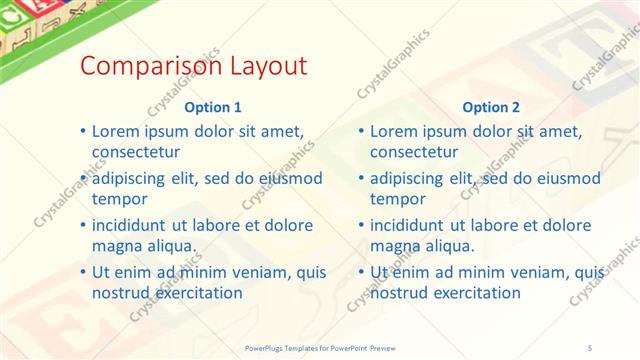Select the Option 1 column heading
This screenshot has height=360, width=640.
click(213, 107)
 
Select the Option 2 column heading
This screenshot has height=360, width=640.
click(491, 107)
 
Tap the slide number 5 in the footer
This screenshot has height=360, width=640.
click(592, 348)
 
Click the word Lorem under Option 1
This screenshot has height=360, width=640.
click(116, 131)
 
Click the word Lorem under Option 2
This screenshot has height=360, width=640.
click(394, 131)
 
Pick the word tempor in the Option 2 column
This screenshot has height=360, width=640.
click(398, 199)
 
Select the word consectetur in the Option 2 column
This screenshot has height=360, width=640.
click(414, 152)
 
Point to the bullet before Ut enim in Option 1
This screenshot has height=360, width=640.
click(82, 272)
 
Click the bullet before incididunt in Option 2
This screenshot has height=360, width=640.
click(360, 225)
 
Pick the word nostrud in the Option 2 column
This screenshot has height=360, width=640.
click(401, 293)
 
